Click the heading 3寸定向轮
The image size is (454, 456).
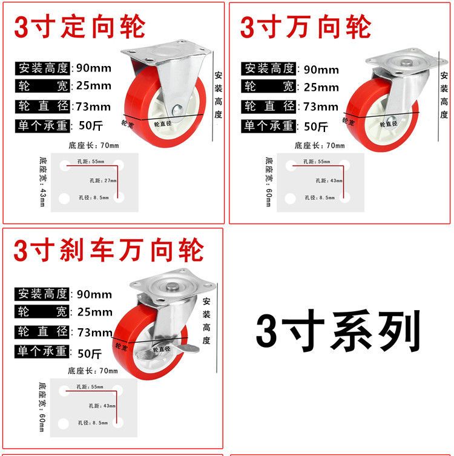coord(80,27)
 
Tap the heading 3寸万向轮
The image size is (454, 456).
coord(306,27)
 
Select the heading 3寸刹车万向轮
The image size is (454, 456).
coord(108,250)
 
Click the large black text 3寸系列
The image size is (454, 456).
coord(338,331)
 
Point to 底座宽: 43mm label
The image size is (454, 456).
coord(42,182)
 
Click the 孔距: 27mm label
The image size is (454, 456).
coord(103,180)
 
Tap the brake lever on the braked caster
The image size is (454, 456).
coord(191,348)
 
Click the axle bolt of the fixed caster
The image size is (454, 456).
coord(177,110)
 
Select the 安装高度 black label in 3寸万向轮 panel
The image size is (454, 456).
coord(269,69)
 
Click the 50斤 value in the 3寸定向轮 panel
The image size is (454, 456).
coord(91,125)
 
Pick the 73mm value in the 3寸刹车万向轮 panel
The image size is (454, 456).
coord(95,332)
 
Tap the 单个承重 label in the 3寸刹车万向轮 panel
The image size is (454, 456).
coord(42,351)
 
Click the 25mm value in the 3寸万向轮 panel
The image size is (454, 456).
coord(321,87)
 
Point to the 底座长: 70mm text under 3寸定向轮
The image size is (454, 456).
coord(94,145)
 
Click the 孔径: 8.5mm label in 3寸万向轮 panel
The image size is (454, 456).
coord(320,197)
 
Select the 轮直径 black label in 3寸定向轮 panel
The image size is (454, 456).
coord(42,106)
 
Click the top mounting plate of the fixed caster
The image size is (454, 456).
coord(166,52)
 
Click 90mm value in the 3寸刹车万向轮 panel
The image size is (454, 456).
coord(94,294)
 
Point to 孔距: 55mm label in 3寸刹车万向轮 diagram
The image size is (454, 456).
coord(90,387)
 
